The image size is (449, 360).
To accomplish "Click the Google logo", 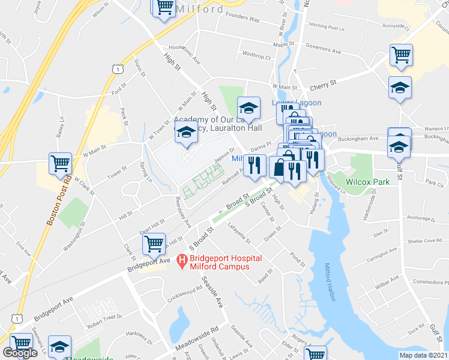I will click(20, 353).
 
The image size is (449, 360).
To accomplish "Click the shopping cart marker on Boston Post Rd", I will click(60, 163).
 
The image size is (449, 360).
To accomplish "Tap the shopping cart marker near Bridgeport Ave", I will click(154, 244).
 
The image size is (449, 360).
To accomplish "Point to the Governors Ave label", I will click(323, 45).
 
